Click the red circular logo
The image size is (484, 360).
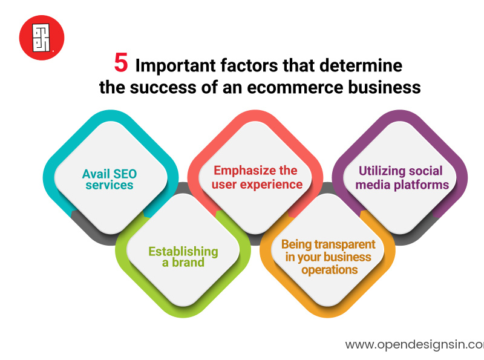[41, 38]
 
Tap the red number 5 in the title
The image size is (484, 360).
[122, 64]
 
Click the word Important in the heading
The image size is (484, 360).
[168, 64]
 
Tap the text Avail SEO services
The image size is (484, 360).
[110, 179]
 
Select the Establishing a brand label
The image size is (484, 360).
[183, 257]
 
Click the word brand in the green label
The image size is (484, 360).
[188, 263]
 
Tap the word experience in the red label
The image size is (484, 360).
[273, 183]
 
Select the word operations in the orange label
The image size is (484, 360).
[330, 270]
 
